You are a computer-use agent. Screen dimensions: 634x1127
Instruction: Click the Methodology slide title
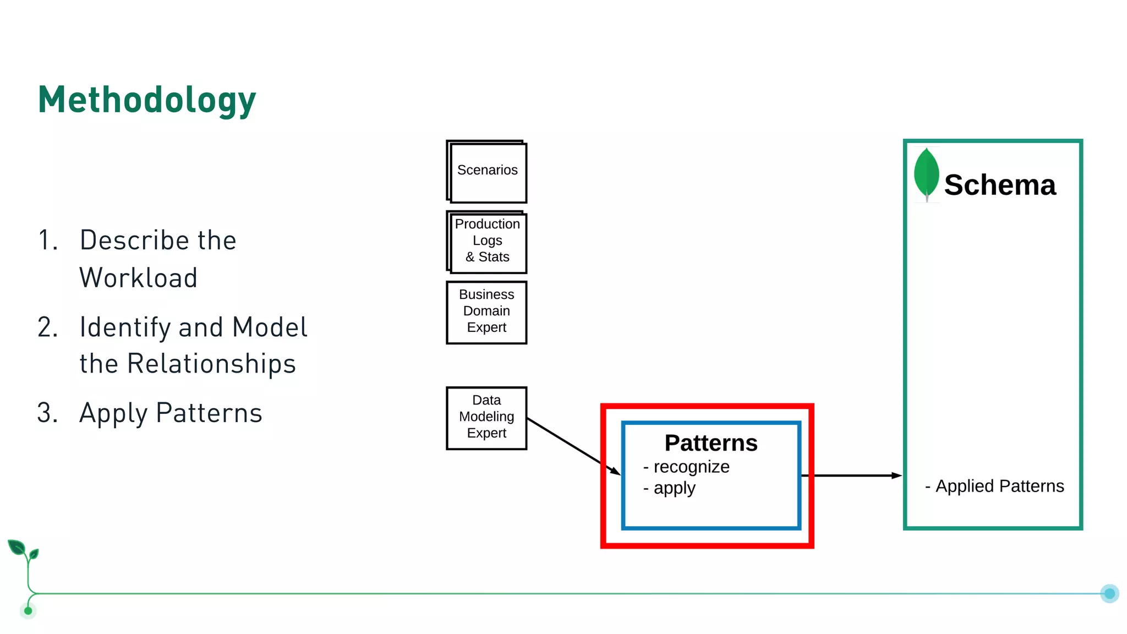click(147, 100)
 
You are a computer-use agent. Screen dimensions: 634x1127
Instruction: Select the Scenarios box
click(487, 171)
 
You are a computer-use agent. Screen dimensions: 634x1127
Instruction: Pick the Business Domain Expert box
click(486, 311)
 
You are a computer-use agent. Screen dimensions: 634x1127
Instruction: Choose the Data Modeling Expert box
click(486, 417)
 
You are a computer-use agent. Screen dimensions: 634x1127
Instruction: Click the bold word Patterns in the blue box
click(711, 443)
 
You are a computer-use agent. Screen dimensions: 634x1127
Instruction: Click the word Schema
click(1000, 185)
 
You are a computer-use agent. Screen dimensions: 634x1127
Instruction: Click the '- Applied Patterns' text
click(995, 486)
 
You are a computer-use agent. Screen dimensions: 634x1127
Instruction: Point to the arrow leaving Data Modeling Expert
click(572, 446)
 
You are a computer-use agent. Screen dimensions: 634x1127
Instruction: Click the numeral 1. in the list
click(48, 241)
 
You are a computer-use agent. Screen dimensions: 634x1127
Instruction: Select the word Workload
click(139, 278)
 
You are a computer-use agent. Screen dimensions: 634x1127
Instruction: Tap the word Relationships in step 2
click(211, 364)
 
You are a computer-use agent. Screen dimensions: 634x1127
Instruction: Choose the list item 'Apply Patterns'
click(171, 413)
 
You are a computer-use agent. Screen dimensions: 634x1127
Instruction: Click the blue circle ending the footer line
click(1109, 593)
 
